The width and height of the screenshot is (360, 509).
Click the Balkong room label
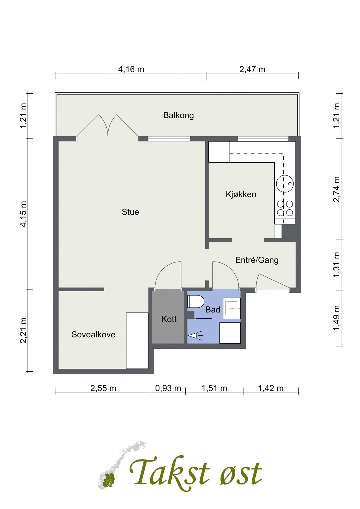178,115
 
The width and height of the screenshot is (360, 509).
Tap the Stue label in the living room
130,212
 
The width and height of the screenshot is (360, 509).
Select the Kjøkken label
241,194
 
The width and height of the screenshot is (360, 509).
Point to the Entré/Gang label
257,260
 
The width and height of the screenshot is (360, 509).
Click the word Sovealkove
93,335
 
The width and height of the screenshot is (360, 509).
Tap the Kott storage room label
169,319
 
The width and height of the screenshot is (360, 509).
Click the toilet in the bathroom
196,301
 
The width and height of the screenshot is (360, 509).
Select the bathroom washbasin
232,308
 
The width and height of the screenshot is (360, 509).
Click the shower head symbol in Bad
195,335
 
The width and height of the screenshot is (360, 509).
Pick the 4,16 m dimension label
131,69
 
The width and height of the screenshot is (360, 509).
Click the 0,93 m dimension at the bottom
168,388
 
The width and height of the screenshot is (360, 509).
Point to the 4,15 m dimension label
23,214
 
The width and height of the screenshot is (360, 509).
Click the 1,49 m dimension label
336,318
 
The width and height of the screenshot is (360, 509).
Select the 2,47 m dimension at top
252,69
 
